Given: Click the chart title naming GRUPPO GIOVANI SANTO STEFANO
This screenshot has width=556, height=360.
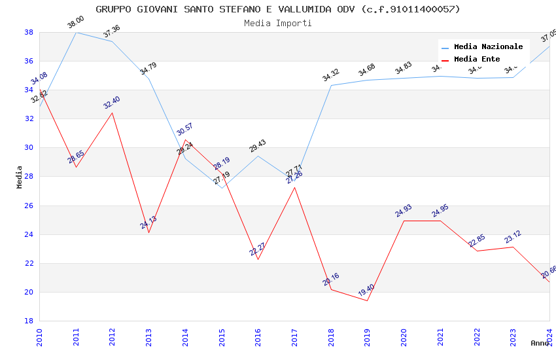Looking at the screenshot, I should point(278,9).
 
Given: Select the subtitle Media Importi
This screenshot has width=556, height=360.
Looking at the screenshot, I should point(278,24).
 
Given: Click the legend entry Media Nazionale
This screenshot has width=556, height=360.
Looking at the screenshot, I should point(488,47).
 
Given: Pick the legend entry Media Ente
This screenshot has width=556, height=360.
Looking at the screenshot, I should point(477,60).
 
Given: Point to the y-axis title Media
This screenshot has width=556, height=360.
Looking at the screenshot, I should point(20,177).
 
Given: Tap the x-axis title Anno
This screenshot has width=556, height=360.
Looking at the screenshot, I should point(540,343).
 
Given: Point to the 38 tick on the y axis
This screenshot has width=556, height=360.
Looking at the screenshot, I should point(29,32).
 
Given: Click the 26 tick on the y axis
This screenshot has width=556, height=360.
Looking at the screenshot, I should point(29,206).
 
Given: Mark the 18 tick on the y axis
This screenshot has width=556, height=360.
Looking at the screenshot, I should point(29,321).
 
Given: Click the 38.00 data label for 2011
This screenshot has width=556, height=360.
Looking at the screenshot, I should point(76,23).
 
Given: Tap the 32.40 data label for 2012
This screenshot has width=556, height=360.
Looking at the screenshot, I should point(112,103).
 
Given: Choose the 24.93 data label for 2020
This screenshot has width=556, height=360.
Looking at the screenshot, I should point(404,211).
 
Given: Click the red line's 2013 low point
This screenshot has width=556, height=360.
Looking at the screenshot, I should point(148,232).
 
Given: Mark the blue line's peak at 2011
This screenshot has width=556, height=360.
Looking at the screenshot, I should point(76,32).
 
